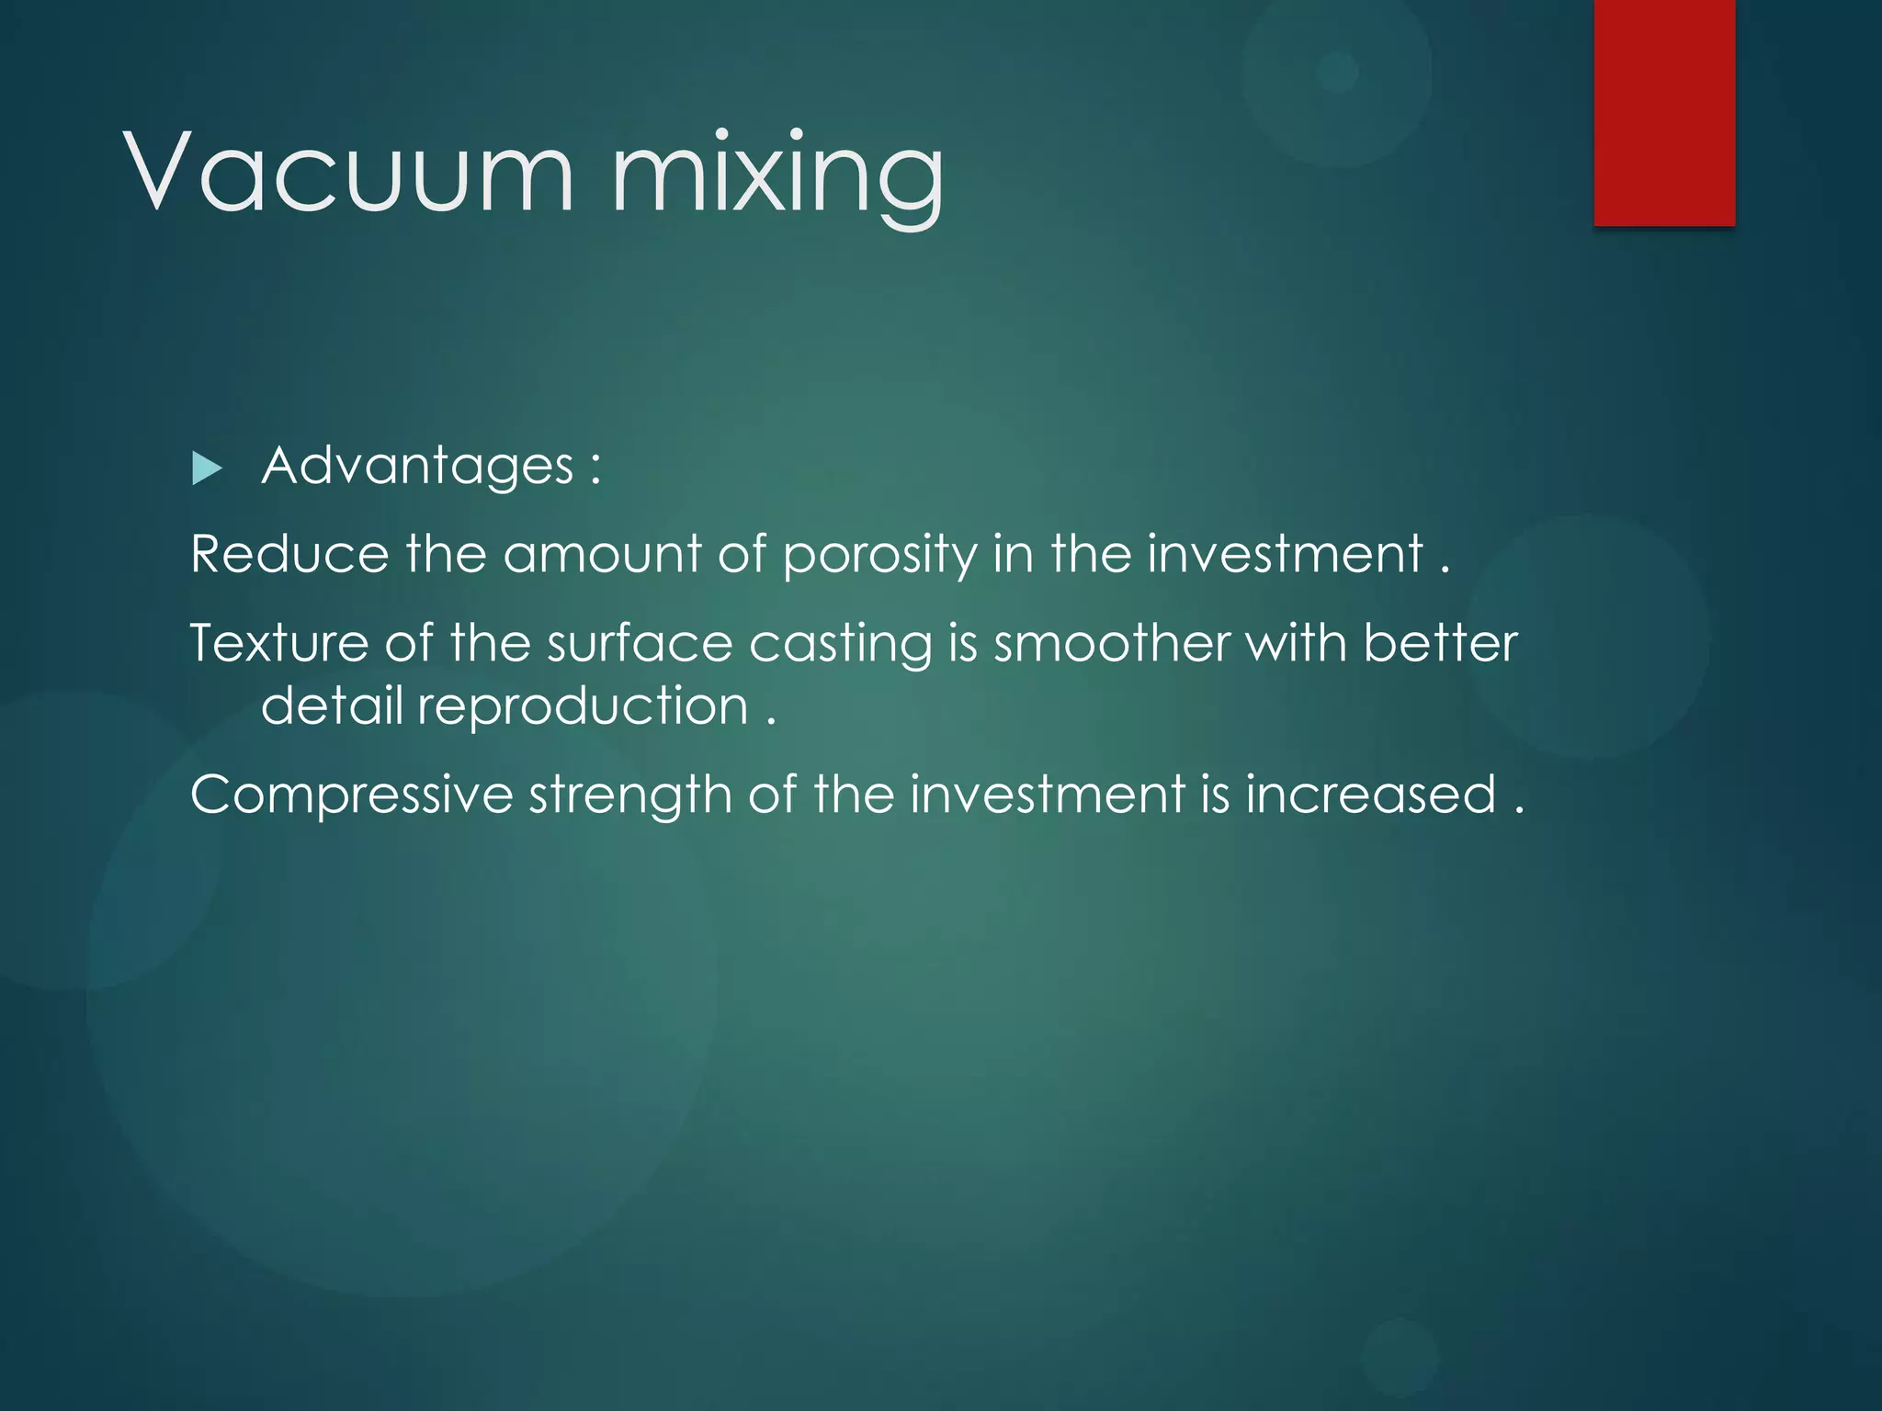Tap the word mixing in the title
777,175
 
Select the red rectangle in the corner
1664,112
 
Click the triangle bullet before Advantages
207,469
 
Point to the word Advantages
418,467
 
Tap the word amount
602,555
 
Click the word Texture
278,643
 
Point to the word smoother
1111,643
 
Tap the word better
1440,643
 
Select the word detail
332,705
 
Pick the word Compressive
351,796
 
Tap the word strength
630,796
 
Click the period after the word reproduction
771,721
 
